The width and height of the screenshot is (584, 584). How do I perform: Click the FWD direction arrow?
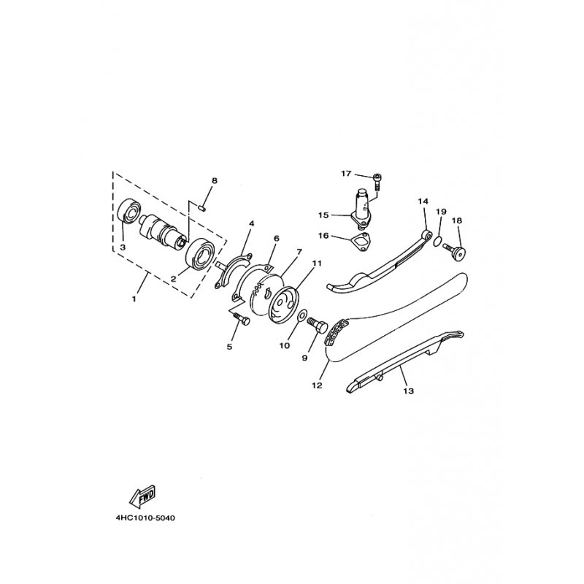(x=142, y=497)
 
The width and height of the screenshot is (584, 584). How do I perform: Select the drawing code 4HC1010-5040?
(x=145, y=518)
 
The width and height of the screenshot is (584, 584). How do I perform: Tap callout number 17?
(x=346, y=173)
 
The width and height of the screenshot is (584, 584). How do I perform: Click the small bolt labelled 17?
(x=377, y=182)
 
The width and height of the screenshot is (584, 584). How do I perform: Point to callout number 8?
(x=214, y=180)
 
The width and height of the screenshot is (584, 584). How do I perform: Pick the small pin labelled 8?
(x=201, y=208)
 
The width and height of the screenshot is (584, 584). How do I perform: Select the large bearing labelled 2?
(x=201, y=253)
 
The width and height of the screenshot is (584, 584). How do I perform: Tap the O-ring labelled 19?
(x=437, y=241)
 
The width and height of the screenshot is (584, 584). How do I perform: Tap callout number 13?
(x=409, y=391)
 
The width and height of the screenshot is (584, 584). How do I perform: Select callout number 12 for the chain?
(x=317, y=385)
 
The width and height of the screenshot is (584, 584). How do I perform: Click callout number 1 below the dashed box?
(x=134, y=299)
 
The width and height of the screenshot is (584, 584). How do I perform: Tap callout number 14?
(x=423, y=201)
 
